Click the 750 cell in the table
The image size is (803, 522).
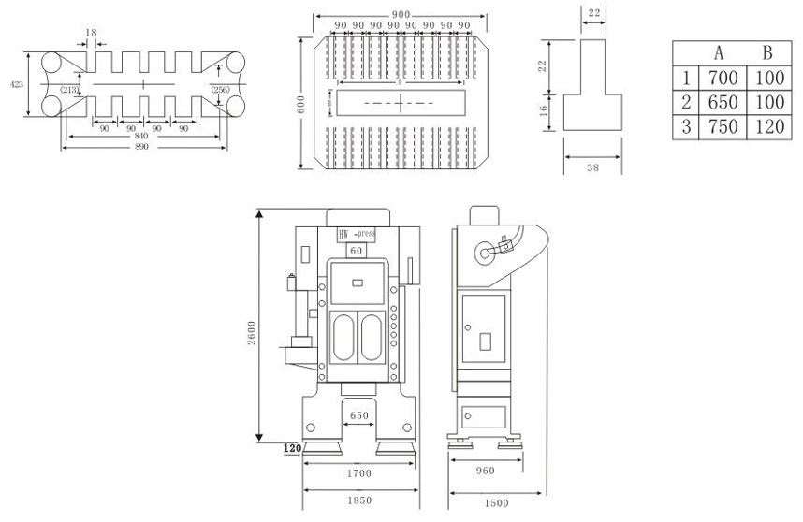point(724,127)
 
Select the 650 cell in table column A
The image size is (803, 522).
point(724,102)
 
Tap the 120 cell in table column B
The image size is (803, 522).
point(766,127)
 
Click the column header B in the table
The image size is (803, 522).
point(766,52)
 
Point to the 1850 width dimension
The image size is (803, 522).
point(359,501)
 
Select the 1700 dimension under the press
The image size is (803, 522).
point(359,474)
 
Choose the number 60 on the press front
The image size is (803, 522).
point(356,251)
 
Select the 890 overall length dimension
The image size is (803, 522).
point(142,147)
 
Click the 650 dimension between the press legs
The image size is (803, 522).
point(359,414)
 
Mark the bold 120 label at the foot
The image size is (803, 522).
point(291,449)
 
